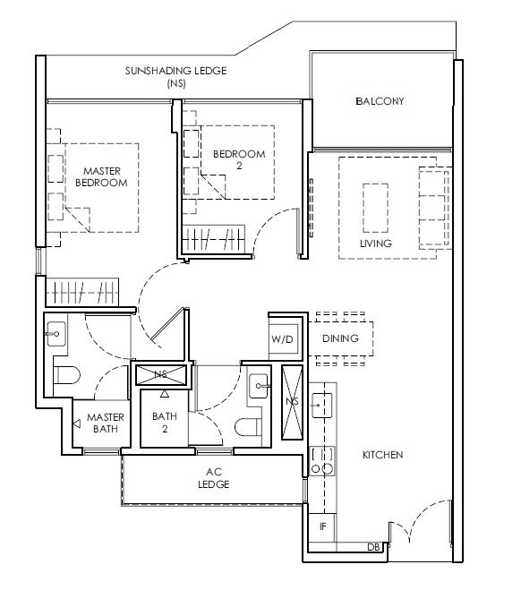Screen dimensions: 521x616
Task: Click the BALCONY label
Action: (x=380, y=101)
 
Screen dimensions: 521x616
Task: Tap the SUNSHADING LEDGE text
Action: (x=176, y=71)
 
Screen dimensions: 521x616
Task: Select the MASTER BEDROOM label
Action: (x=101, y=176)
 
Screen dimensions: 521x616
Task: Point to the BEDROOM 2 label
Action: (x=239, y=159)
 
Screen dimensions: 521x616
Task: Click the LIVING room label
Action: (x=376, y=244)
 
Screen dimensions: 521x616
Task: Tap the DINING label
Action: (x=340, y=338)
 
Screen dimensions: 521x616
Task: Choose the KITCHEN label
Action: (x=382, y=455)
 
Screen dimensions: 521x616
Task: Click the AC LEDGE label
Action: (x=214, y=478)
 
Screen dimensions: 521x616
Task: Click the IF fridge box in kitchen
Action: (x=322, y=526)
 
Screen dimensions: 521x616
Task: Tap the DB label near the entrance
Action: (x=373, y=547)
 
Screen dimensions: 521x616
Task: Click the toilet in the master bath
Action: (x=66, y=375)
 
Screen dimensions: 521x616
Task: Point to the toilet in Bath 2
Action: (x=248, y=427)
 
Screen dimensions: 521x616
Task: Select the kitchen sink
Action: (x=321, y=405)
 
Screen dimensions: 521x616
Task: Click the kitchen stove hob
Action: (x=322, y=461)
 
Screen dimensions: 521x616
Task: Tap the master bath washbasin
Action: (x=56, y=334)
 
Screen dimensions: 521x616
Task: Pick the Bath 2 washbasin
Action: (x=260, y=386)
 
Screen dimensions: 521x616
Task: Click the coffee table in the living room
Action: (x=376, y=209)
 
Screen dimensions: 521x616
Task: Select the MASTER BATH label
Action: (x=106, y=423)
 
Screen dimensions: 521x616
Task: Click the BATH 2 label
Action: (x=165, y=423)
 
